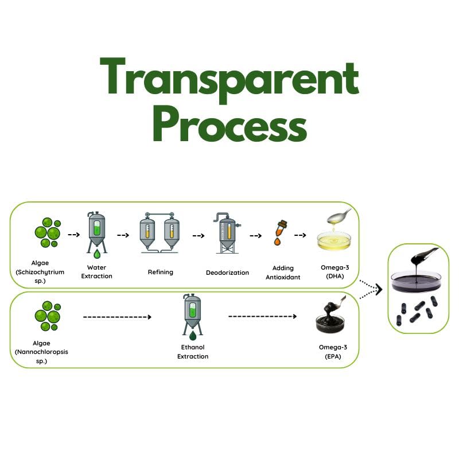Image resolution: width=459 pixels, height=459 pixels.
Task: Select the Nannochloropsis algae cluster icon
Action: pyautogui.click(x=47, y=316)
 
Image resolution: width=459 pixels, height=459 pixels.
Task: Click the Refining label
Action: pyautogui.click(x=161, y=272)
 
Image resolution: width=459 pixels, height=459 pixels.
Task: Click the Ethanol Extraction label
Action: pyautogui.click(x=192, y=352)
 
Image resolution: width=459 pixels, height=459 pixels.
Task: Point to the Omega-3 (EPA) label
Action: pyautogui.click(x=333, y=352)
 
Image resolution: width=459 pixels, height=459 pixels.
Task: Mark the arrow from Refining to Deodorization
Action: pyautogui.click(x=199, y=235)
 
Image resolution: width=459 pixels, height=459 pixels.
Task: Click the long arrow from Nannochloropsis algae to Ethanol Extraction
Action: pyautogui.click(x=117, y=317)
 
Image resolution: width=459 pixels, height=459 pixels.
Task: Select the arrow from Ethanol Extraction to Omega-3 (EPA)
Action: pyautogui.click(x=262, y=316)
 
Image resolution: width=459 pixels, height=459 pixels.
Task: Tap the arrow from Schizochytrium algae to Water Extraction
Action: pyautogui.click(x=73, y=235)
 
